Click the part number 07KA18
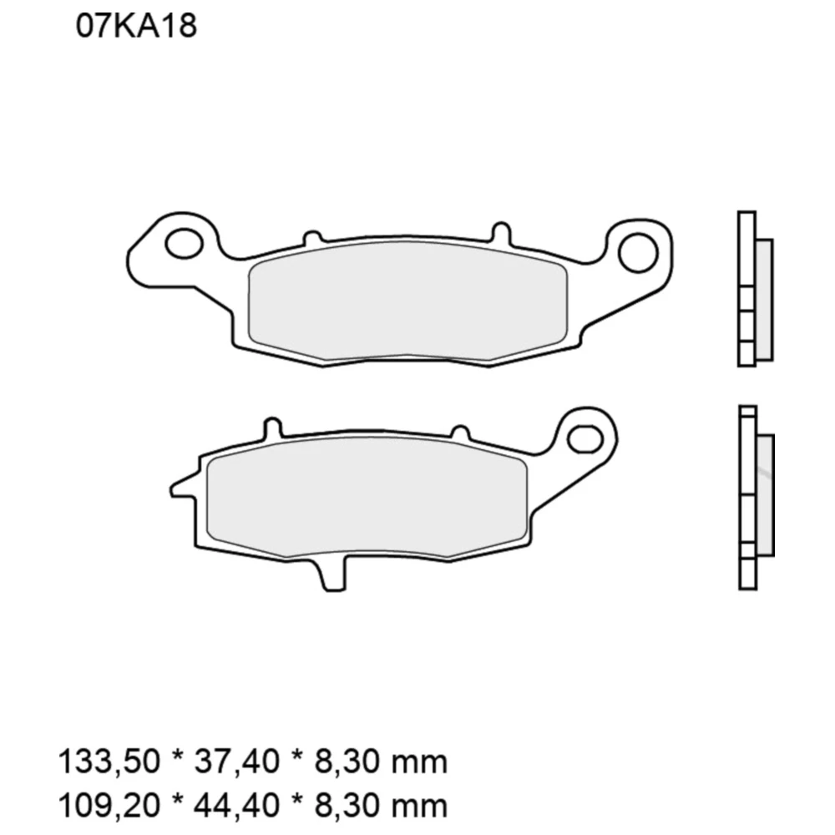point(136,27)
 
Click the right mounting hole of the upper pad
point(638,250)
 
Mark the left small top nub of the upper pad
point(311,239)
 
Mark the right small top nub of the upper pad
point(500,232)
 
